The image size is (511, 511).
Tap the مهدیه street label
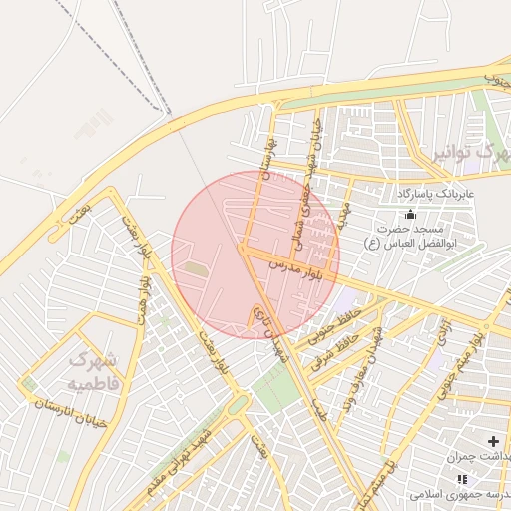pos(342,211)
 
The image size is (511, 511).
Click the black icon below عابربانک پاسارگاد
pos(409,213)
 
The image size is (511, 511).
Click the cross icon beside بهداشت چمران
pos(492,440)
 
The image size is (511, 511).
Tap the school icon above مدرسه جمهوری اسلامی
pos(460,479)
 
